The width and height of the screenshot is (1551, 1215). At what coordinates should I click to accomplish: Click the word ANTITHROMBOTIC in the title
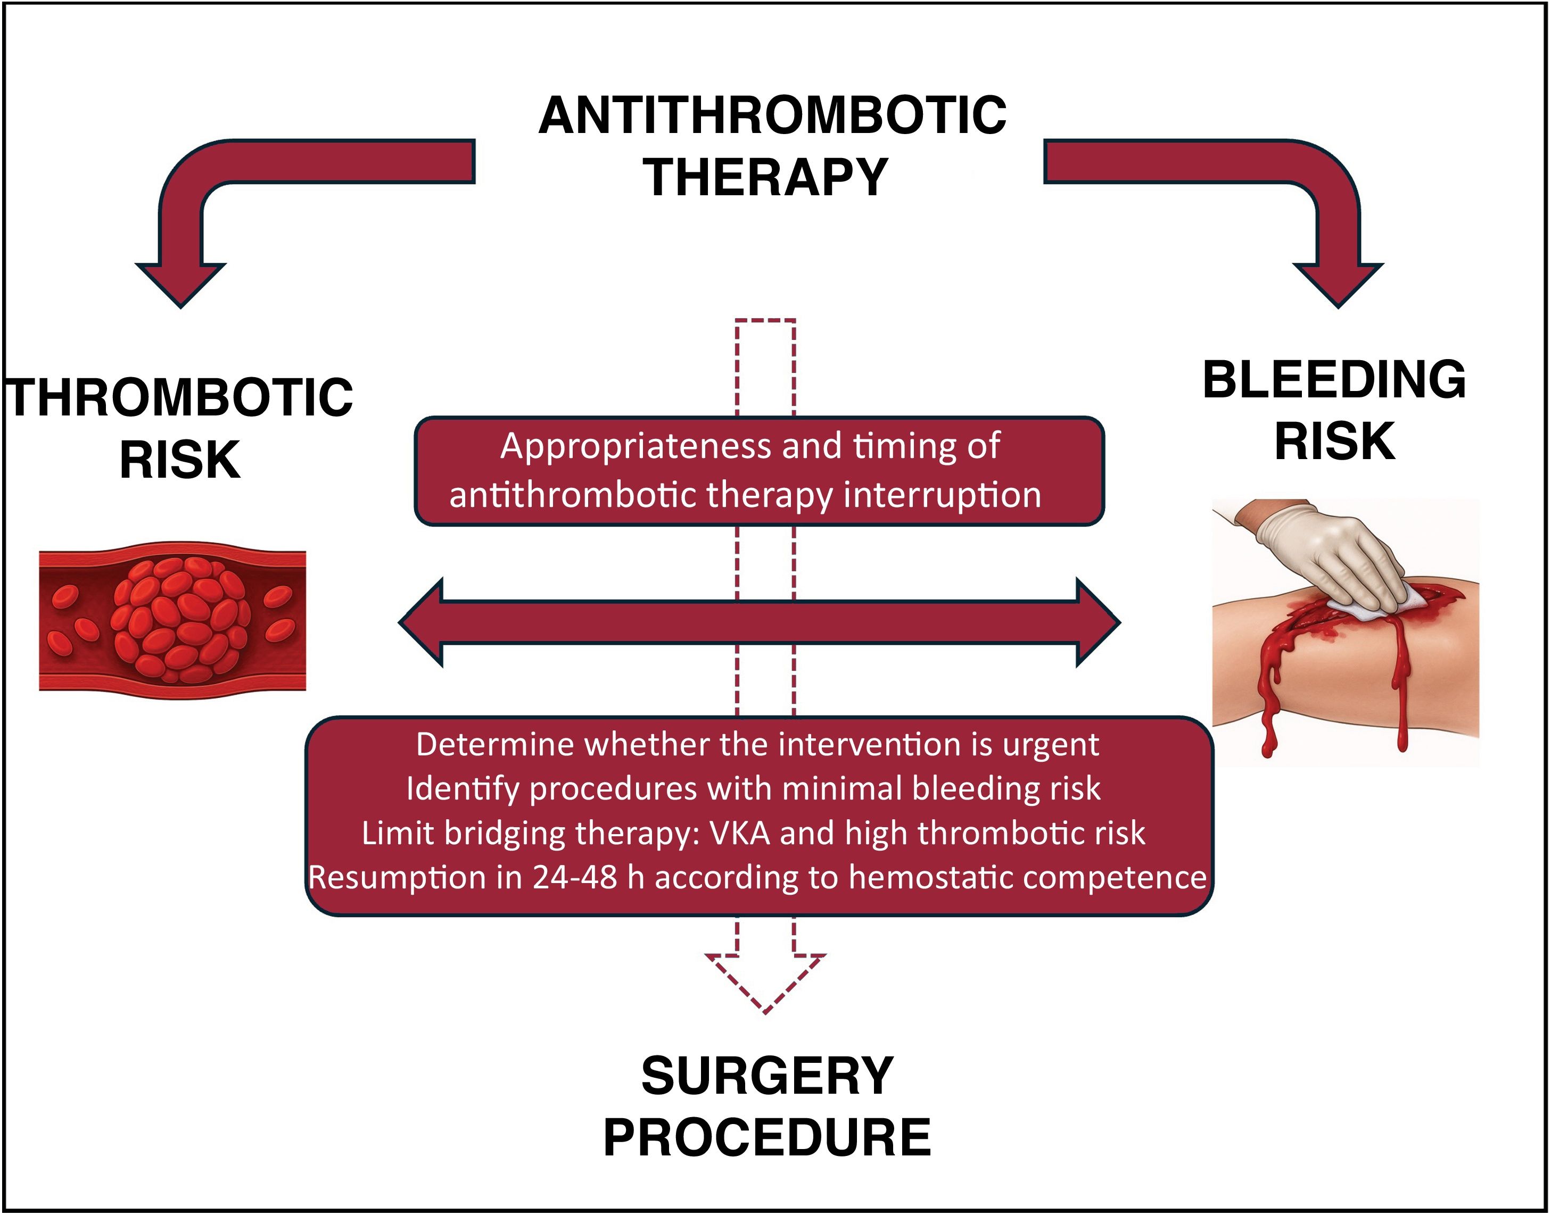pos(772,115)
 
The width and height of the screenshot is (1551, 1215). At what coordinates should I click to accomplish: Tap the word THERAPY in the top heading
pos(766,177)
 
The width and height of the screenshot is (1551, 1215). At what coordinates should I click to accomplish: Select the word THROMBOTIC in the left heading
pos(180,398)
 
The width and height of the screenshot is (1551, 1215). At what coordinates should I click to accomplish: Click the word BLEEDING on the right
pos(1334,380)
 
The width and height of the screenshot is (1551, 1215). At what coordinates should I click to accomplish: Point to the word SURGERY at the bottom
pos(766,1076)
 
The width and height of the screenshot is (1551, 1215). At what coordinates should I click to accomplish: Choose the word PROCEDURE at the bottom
pos(766,1137)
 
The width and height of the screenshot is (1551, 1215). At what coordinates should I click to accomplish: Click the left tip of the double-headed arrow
pos(399,622)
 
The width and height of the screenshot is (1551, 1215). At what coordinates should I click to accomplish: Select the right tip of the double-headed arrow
pos(1120,622)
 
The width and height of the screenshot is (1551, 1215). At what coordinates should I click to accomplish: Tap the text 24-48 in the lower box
pos(574,877)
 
